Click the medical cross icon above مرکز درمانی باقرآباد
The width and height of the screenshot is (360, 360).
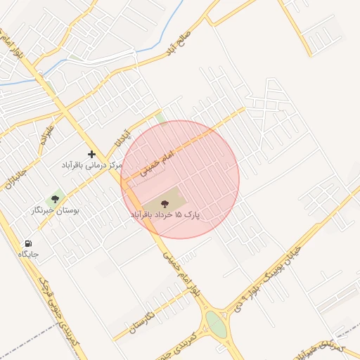pyautogui.click(x=91, y=153)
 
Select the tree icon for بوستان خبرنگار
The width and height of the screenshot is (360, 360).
pyautogui.click(x=56, y=200)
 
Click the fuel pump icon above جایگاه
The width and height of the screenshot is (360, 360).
pyautogui.click(x=28, y=243)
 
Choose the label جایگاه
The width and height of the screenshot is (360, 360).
pyautogui.click(x=28, y=254)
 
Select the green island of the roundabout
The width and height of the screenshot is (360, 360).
pyautogui.click(x=216, y=325)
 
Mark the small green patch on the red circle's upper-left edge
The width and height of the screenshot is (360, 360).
pyautogui.click(x=161, y=119)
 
